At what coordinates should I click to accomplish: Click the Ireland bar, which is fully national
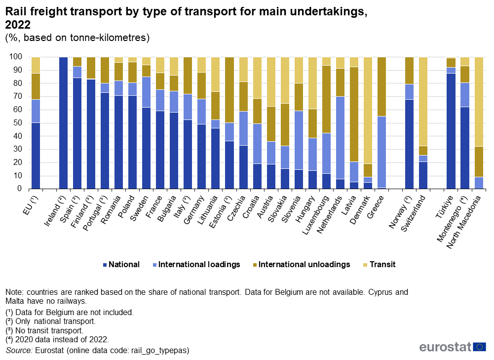pos(63,122)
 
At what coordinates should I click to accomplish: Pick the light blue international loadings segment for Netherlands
pos(340,138)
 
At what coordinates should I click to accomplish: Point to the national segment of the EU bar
pos(36,156)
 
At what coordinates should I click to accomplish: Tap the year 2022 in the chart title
pos(17,24)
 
